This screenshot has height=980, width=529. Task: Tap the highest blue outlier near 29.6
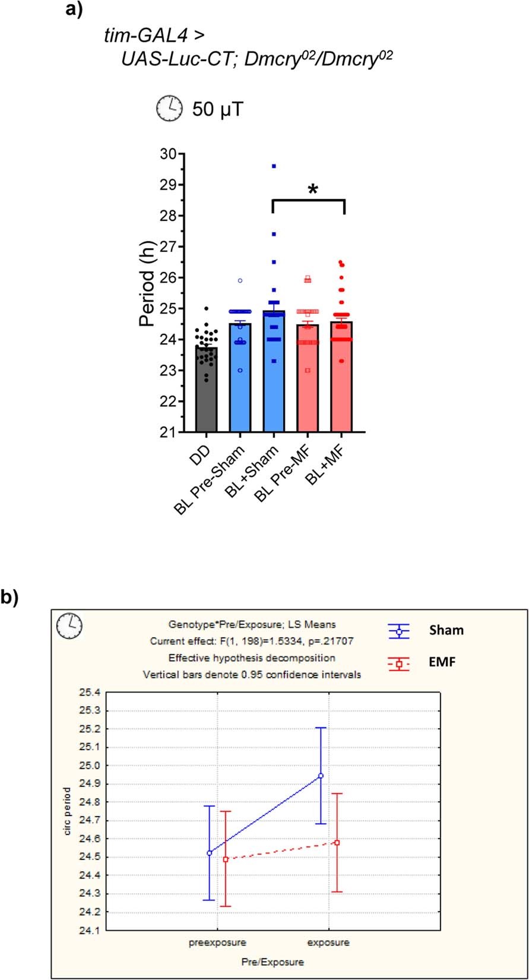(274, 166)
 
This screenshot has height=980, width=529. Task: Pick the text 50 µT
(217, 110)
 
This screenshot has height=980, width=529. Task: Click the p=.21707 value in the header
(332, 641)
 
